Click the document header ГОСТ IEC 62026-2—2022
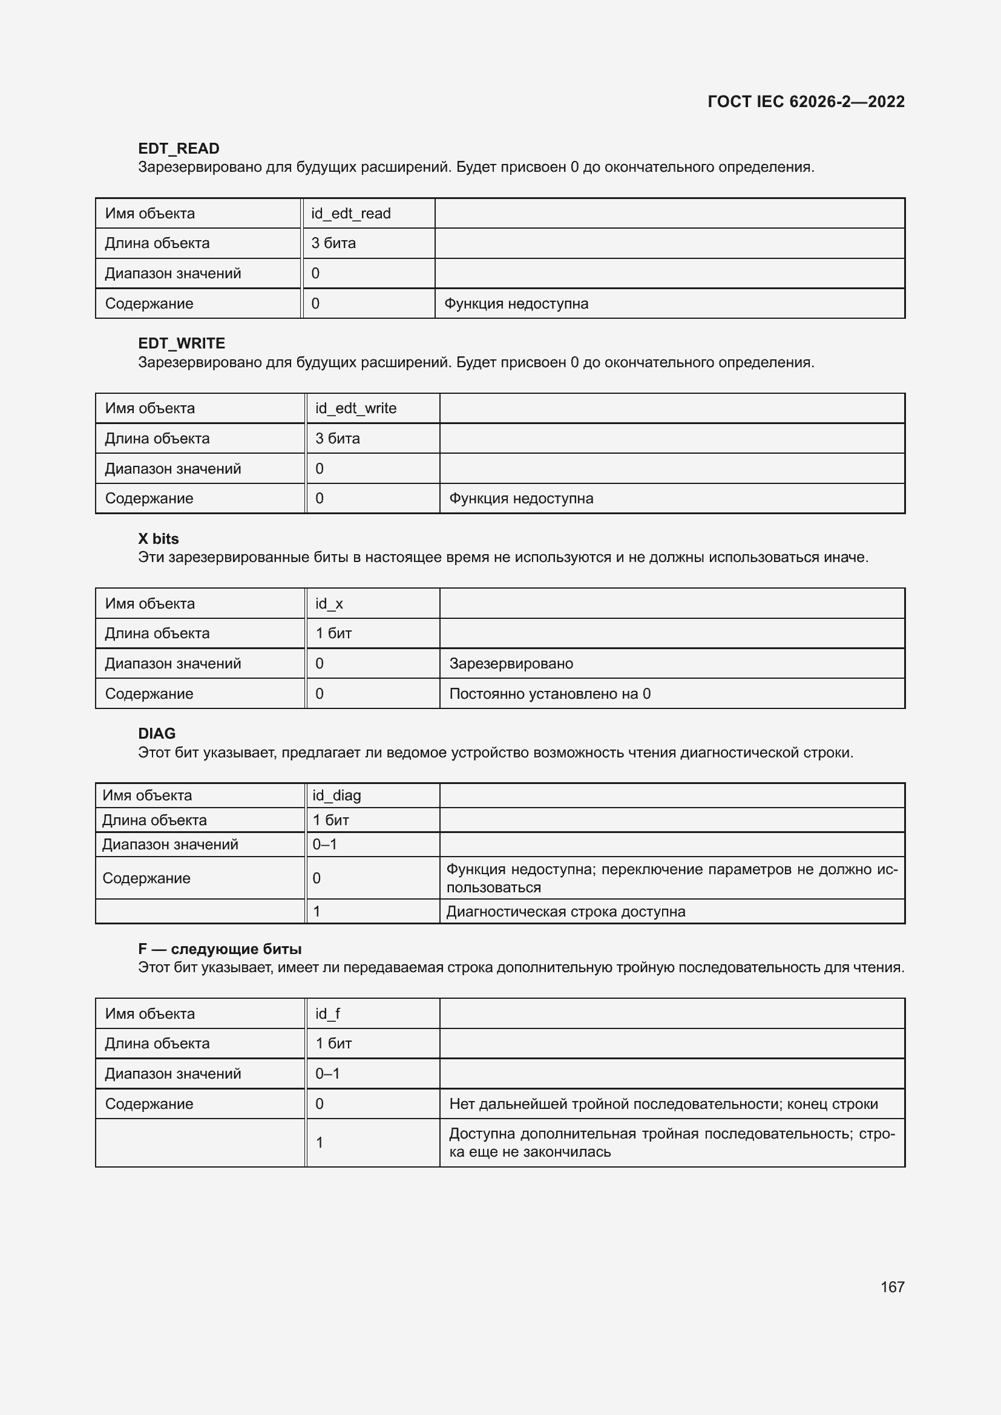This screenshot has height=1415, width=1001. click(806, 102)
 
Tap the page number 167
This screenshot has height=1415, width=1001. click(892, 1287)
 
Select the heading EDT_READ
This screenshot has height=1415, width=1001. click(179, 149)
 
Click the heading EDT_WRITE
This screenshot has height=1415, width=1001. click(181, 343)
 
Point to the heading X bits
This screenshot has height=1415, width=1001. click(159, 538)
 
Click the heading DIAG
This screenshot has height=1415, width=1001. click(157, 733)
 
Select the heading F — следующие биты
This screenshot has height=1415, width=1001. click(220, 949)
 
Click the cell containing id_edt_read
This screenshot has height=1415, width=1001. click(351, 213)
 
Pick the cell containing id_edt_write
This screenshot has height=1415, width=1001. click(356, 408)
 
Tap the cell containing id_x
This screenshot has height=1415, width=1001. click(329, 603)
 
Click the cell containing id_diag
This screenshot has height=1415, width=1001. click(336, 796)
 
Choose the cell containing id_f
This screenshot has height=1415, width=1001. click(327, 1014)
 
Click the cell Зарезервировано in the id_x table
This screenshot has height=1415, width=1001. click(511, 664)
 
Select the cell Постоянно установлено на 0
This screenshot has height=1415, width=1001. click(550, 694)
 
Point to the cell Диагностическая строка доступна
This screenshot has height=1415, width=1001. click(565, 912)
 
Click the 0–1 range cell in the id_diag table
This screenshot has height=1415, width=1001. click(325, 845)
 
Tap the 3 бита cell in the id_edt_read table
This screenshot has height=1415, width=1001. click(333, 243)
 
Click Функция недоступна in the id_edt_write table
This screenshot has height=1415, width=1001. click(521, 498)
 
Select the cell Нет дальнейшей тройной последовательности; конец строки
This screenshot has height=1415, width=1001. click(663, 1104)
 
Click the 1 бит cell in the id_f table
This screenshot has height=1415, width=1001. click(333, 1044)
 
